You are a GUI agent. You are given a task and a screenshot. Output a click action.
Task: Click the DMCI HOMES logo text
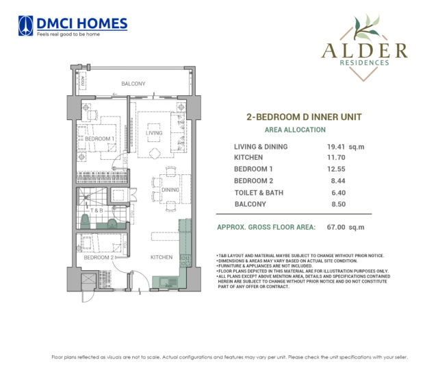tap(82, 23)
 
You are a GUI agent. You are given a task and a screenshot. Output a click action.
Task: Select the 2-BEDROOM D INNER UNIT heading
tap(294, 117)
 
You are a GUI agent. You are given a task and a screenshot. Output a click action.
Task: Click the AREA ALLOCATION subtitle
tap(294, 130)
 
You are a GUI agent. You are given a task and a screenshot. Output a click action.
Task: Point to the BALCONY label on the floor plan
tap(133, 84)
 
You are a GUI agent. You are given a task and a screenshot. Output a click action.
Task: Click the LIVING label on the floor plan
tap(153, 133)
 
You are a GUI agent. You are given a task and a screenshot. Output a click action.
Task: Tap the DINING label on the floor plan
tap(170, 190)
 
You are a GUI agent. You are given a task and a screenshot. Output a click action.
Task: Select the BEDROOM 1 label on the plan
tap(100, 139)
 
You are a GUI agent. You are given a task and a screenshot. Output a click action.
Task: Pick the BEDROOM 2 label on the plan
tap(100, 257)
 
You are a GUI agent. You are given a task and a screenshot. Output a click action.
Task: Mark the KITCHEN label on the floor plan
tap(162, 258)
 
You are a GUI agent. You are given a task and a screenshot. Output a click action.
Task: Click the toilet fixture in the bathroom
tap(86, 221)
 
